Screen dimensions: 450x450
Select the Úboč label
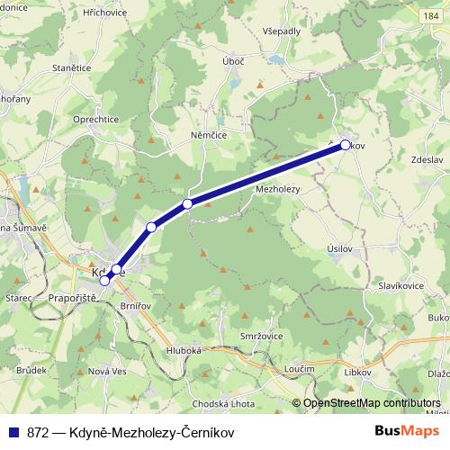tap(233, 60)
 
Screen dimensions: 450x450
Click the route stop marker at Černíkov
tap(346, 144)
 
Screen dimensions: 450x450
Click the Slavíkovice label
tap(402, 286)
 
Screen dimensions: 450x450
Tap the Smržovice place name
tap(262, 336)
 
